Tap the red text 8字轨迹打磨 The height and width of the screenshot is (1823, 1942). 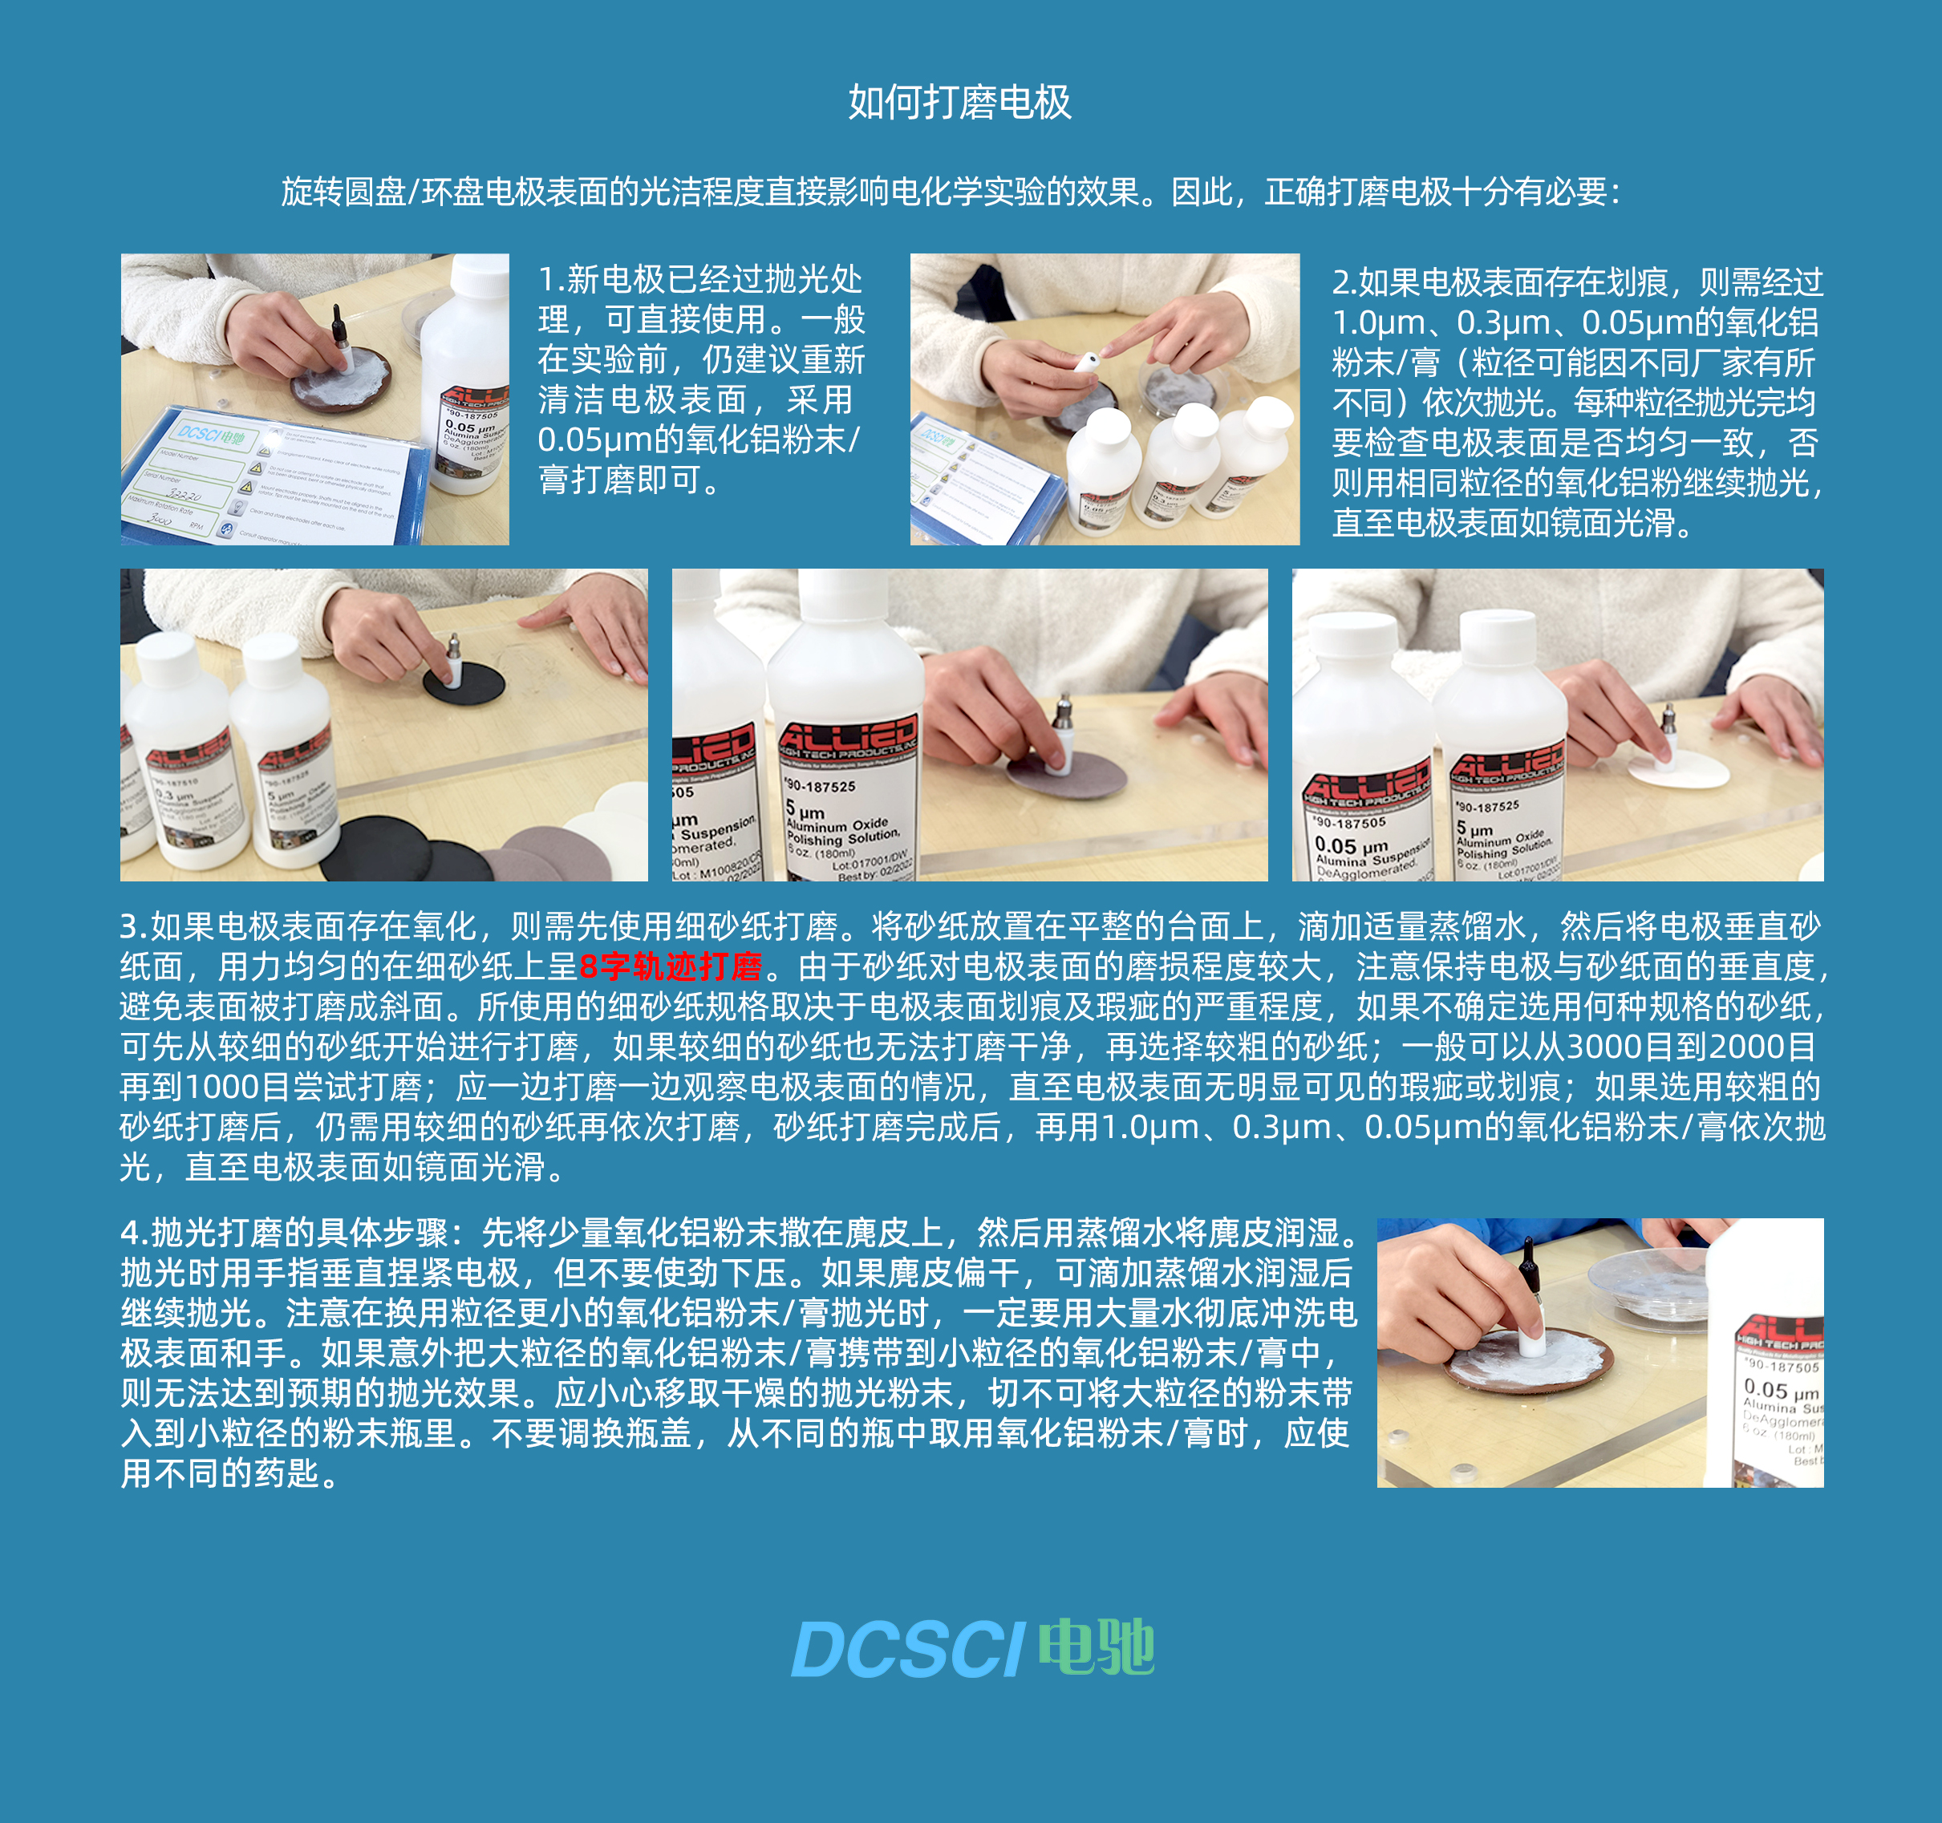click(x=670, y=967)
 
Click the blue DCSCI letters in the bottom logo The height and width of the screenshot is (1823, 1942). click(x=906, y=1650)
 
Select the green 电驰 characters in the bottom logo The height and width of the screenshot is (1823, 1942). click(x=1096, y=1647)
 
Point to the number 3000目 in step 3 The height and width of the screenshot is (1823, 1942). click(x=1620, y=1047)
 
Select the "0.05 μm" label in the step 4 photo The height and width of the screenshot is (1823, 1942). click(x=1780, y=1388)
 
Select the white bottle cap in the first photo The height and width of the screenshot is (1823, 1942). click(x=480, y=276)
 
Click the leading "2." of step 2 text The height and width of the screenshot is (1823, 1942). click(x=1345, y=283)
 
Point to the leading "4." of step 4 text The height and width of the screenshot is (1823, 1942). click(x=135, y=1234)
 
